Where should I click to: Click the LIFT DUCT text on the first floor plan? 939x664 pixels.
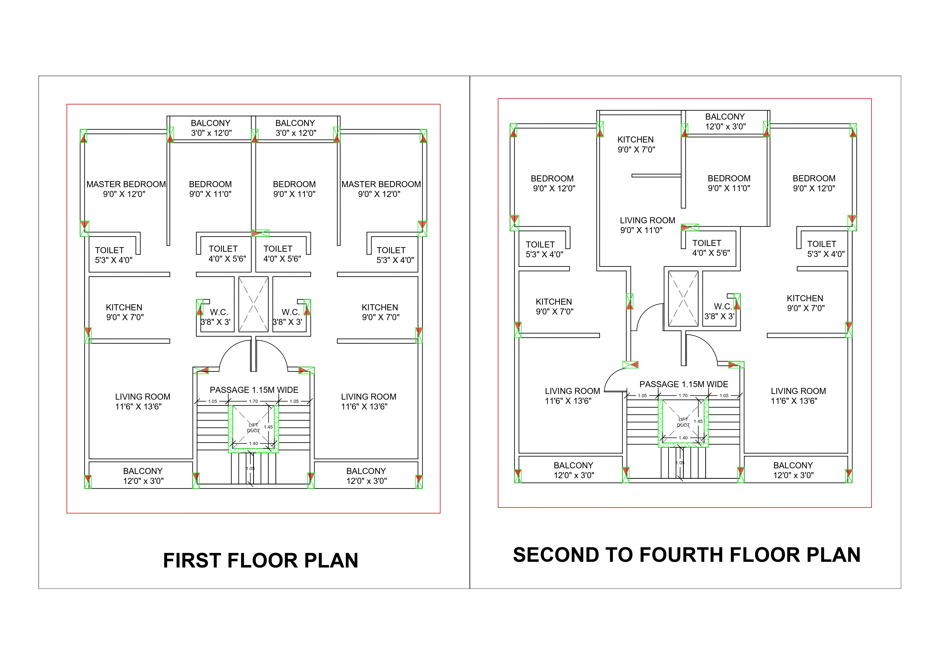[254, 428]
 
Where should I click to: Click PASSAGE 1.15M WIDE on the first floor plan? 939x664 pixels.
[254, 390]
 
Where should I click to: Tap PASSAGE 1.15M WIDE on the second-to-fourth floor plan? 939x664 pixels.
[684, 384]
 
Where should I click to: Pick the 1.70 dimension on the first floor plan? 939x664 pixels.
[254, 401]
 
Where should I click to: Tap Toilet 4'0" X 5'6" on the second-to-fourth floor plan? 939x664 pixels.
[711, 248]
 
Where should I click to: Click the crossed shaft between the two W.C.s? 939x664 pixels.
[254, 304]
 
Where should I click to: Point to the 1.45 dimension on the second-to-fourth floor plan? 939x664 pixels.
[698, 421]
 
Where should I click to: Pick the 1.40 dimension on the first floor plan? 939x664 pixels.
[254, 444]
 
